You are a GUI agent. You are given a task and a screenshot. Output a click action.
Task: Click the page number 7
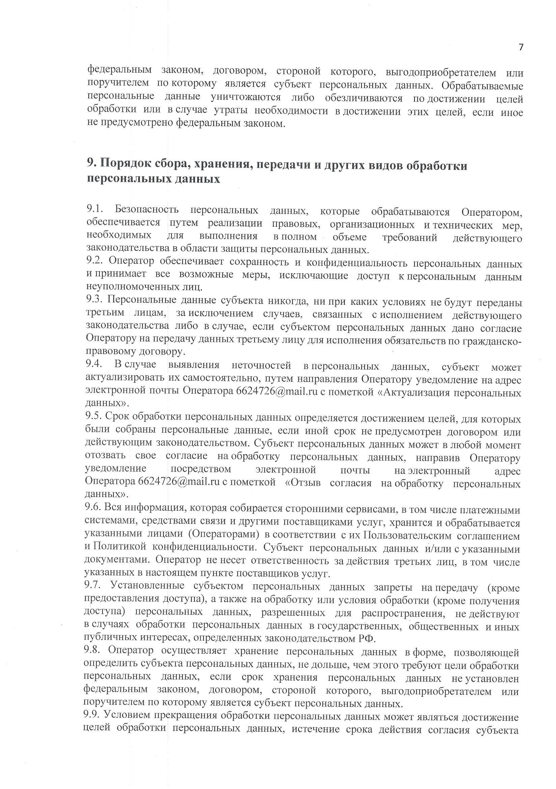tap(521, 47)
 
